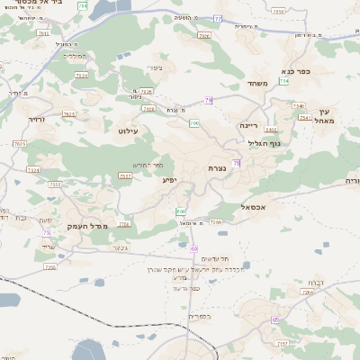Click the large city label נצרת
click(x=216, y=168)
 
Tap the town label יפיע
click(x=169, y=180)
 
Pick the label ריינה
click(x=249, y=126)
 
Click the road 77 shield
click(x=218, y=18)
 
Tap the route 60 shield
click(x=193, y=247)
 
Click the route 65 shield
click(x=274, y=319)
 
